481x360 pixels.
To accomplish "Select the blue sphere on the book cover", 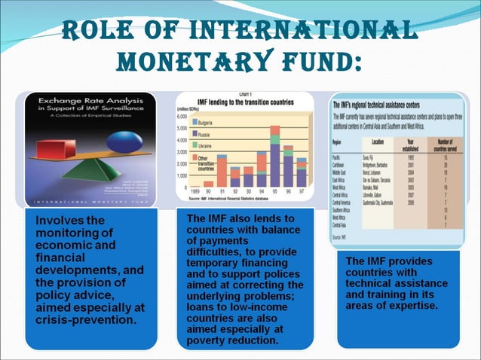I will tap(118, 141).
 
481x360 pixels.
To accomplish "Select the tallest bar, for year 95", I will tap(275, 158).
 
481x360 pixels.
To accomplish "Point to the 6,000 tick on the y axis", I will tap(184, 117).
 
